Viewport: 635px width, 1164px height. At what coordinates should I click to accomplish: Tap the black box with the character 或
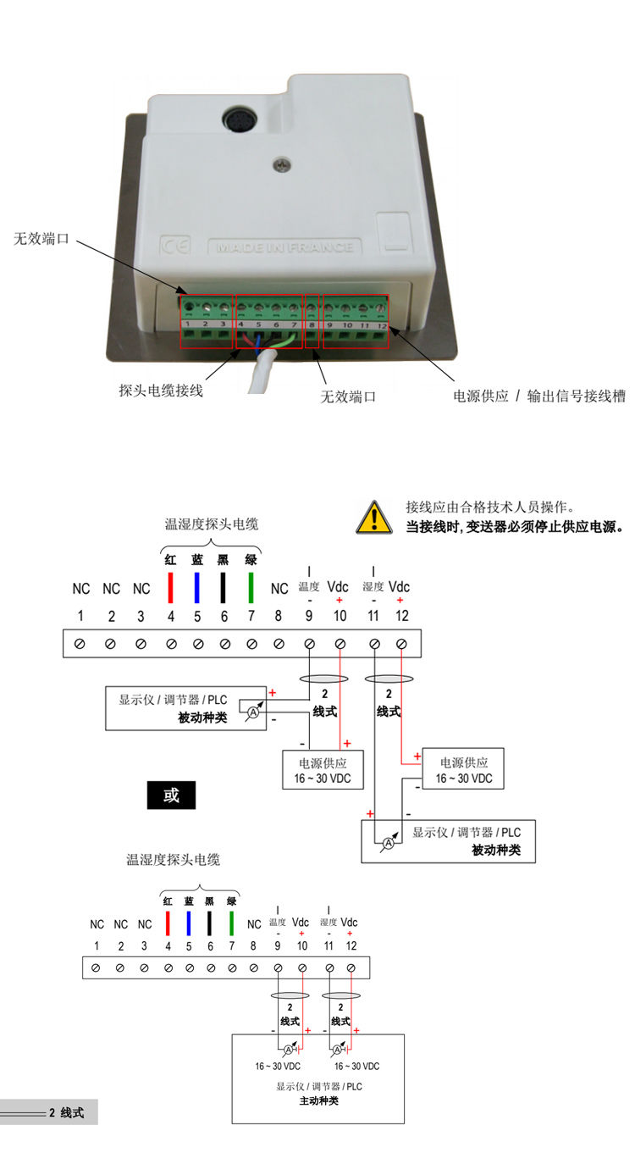pyautogui.click(x=171, y=795)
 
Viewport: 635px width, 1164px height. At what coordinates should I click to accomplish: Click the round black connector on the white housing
pyautogui.click(x=236, y=121)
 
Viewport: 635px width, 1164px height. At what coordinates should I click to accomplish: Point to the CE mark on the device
pyautogui.click(x=174, y=247)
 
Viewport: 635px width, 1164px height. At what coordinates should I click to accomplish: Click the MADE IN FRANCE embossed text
pyautogui.click(x=284, y=248)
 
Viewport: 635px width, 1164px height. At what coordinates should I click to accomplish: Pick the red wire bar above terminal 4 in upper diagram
pyautogui.click(x=170, y=588)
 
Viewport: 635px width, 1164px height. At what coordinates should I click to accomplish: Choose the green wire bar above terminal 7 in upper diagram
pyautogui.click(x=251, y=588)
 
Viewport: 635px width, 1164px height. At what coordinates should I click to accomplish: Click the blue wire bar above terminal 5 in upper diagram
pyautogui.click(x=197, y=588)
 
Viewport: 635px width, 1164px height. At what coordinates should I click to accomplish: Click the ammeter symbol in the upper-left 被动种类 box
pyautogui.click(x=252, y=713)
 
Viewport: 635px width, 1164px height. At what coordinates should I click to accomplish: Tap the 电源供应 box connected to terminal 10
pyautogui.click(x=316, y=770)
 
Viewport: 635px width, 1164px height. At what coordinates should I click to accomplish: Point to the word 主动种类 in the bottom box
pyautogui.click(x=318, y=1101)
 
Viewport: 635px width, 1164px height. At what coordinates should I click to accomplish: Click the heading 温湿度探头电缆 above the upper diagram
pyautogui.click(x=212, y=524)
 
